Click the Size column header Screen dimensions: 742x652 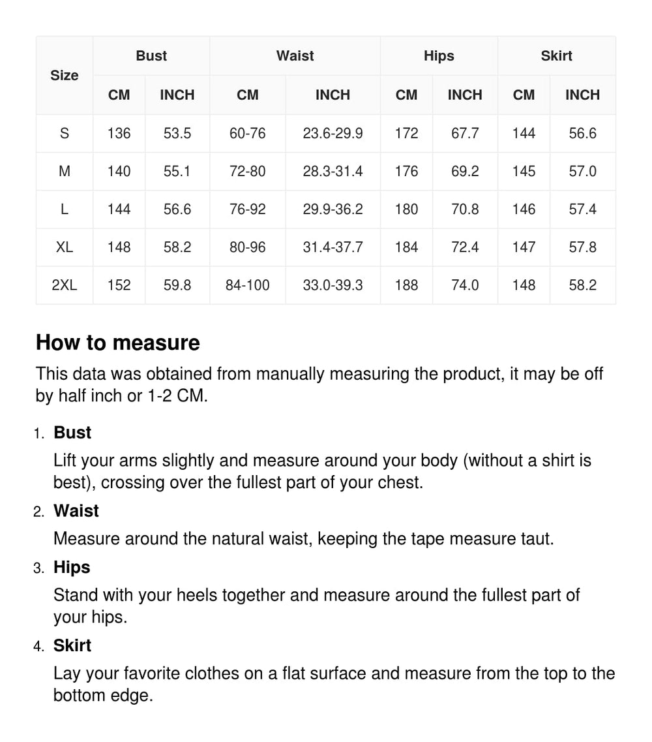click(64, 76)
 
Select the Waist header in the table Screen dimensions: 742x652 click(295, 56)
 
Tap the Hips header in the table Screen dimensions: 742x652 click(439, 56)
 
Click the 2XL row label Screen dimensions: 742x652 click(64, 285)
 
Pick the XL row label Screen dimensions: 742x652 click(64, 247)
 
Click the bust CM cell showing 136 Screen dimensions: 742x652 click(119, 134)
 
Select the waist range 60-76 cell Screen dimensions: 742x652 click(247, 134)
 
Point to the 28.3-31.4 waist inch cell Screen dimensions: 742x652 click(333, 172)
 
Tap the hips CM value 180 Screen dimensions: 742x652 click(406, 209)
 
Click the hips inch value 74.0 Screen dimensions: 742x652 click(465, 285)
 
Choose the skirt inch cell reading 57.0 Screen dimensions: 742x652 click(582, 172)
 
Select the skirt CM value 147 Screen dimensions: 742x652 click(524, 247)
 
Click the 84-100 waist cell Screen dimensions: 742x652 click(247, 285)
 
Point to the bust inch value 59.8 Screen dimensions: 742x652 click(177, 285)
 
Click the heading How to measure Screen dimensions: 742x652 click(118, 343)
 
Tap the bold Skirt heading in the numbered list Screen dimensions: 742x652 click(72, 645)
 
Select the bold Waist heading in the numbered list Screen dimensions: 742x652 click(76, 511)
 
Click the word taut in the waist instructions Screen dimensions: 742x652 click(539, 539)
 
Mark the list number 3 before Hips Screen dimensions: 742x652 click(38, 568)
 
